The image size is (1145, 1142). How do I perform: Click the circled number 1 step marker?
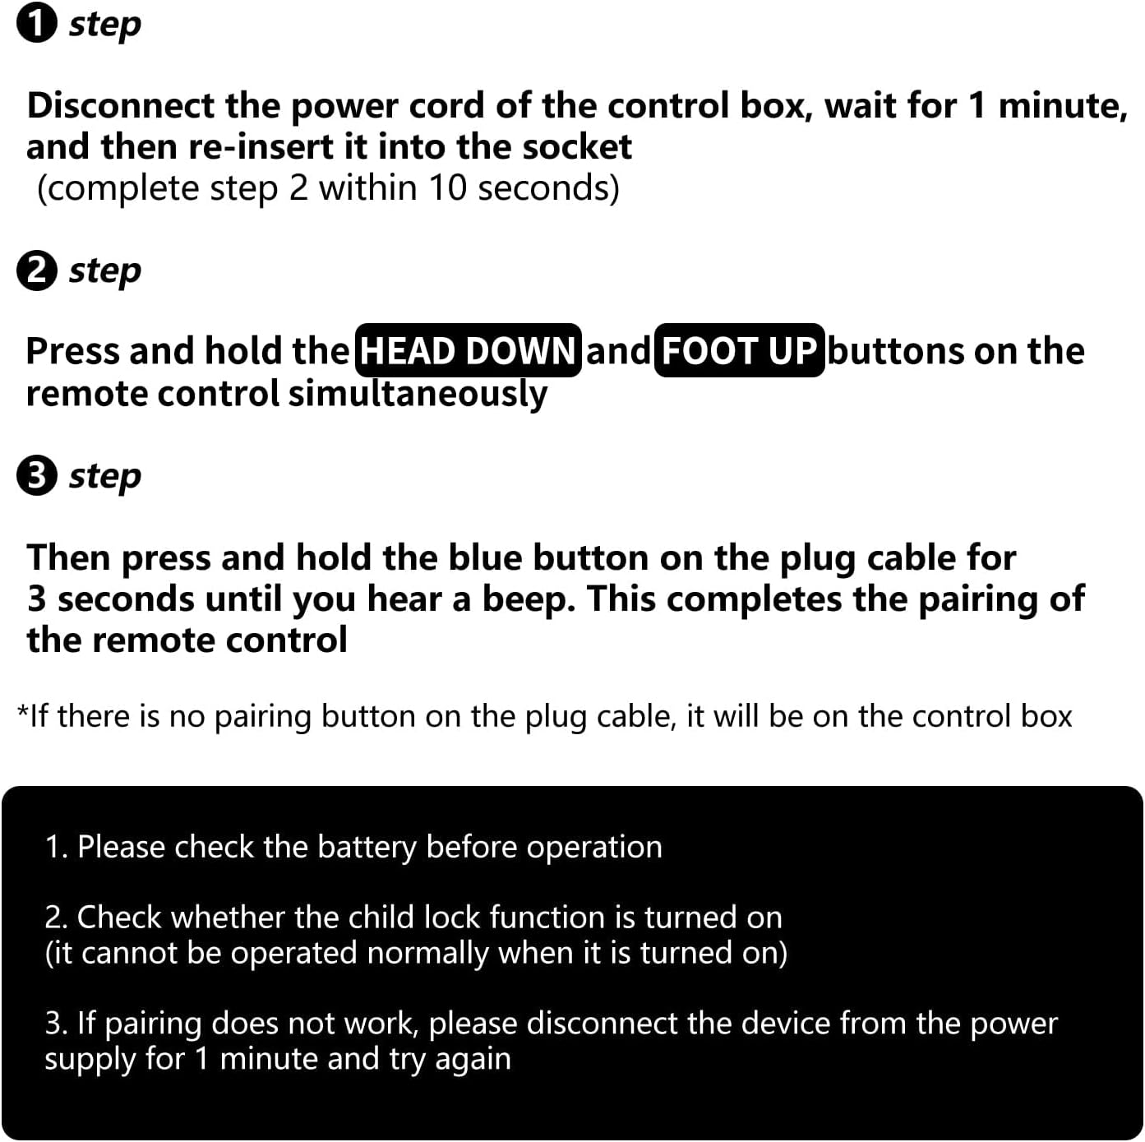pyautogui.click(x=37, y=25)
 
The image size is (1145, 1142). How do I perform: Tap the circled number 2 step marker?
pyautogui.click(x=37, y=270)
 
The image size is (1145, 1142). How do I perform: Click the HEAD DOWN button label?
pyautogui.click(x=469, y=350)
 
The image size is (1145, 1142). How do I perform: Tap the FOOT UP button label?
pyautogui.click(x=739, y=350)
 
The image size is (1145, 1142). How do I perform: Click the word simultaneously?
pyautogui.click(x=418, y=394)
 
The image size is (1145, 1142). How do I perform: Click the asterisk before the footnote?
pyautogui.click(x=22, y=710)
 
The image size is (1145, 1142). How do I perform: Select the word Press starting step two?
pyautogui.click(x=72, y=351)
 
